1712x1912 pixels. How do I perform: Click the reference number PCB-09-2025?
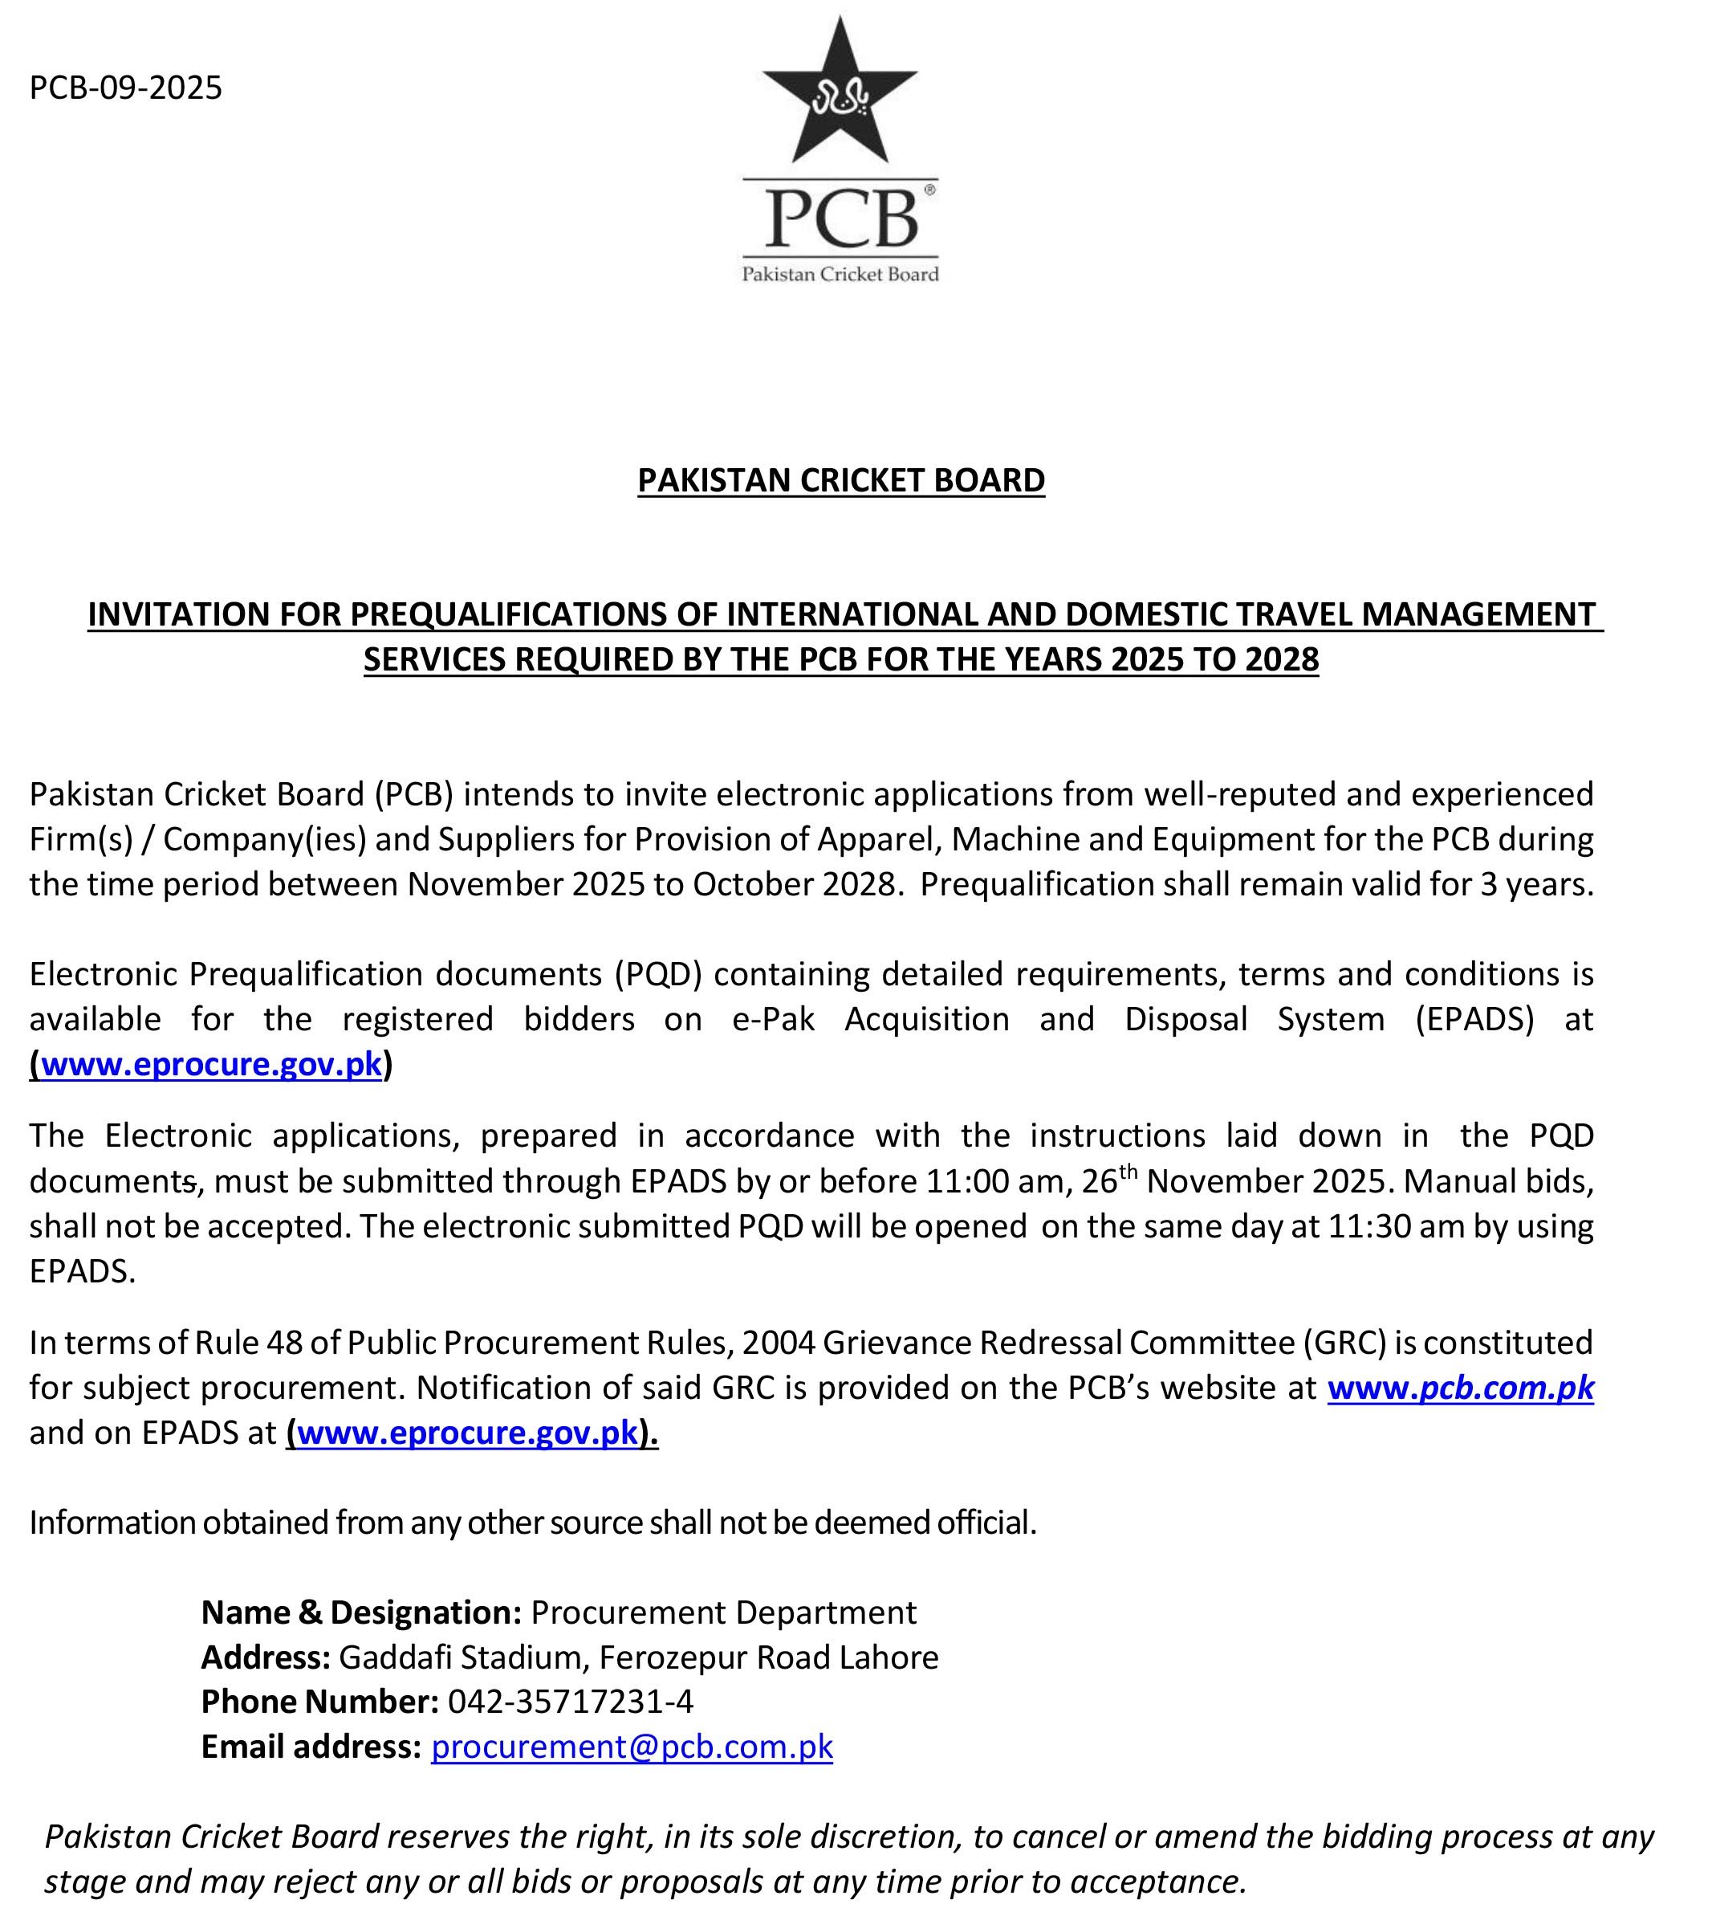pos(125,88)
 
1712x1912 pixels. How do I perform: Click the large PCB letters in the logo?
pos(840,218)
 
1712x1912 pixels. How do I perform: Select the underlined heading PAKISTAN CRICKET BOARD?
pos(841,481)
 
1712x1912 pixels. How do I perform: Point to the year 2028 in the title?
pos(1281,659)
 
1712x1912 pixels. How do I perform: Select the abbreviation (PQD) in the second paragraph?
pos(658,974)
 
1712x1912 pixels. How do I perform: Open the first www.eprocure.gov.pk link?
pos(211,1064)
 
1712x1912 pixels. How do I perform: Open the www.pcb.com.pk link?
pos(1460,1387)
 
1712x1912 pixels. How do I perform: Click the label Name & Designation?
pos(361,1612)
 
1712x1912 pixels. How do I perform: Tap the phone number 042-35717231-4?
pos(570,1702)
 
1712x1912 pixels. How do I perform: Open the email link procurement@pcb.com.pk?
pos(631,1747)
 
